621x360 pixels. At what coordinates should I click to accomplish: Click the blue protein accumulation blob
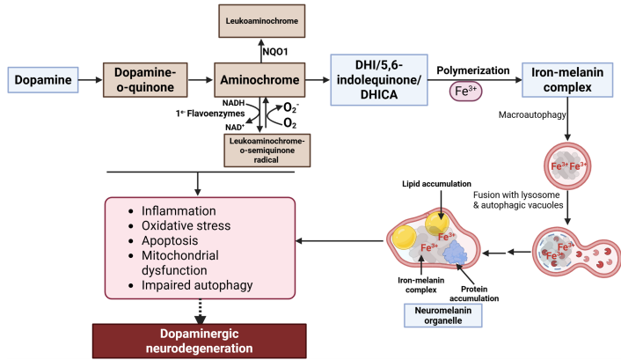point(457,253)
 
